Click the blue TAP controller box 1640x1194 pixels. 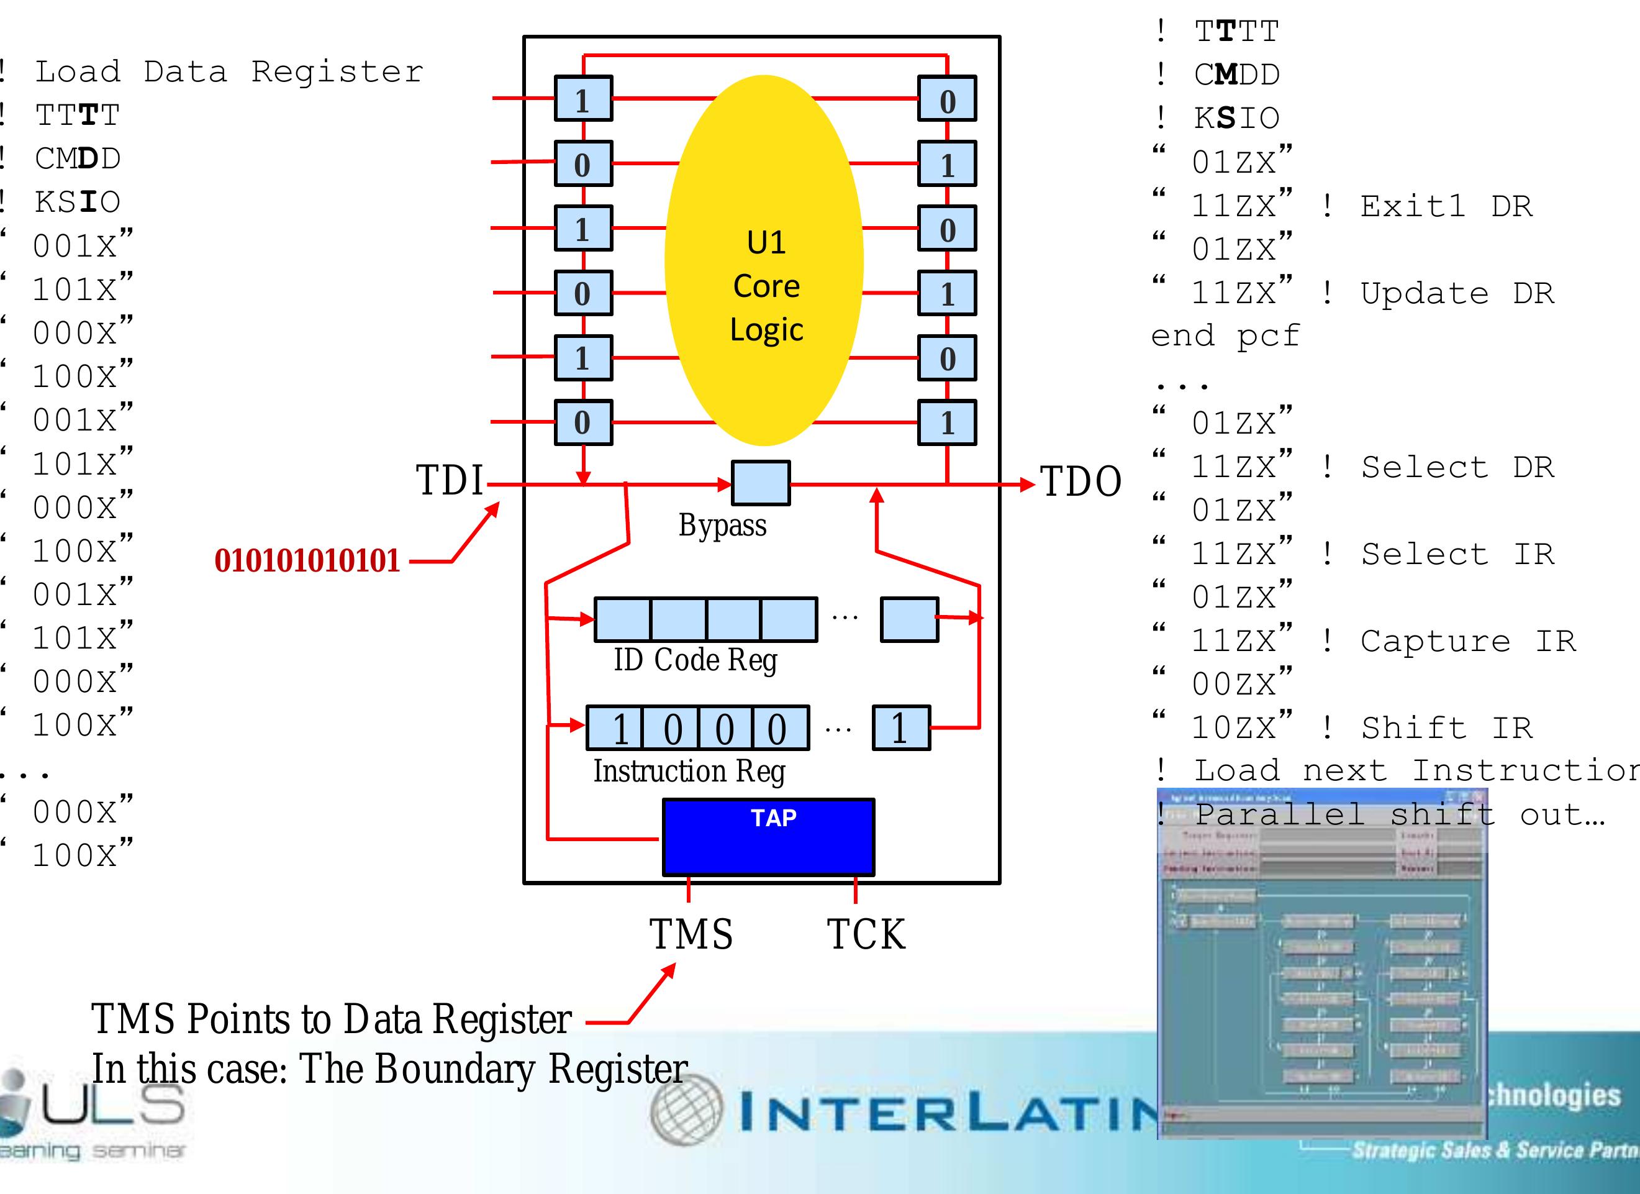pyautogui.click(x=768, y=837)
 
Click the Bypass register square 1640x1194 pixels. pyautogui.click(x=760, y=482)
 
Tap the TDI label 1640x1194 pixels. pyautogui.click(x=449, y=480)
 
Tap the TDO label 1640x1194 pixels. pyautogui.click(x=1080, y=481)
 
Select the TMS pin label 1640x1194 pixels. pyautogui.click(x=691, y=934)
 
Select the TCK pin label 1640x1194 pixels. pyautogui.click(x=866, y=934)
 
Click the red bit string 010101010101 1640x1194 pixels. pyautogui.click(x=307, y=560)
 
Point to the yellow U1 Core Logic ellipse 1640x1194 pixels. pyautogui.click(x=764, y=260)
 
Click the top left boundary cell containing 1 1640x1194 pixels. pyautogui.click(x=583, y=98)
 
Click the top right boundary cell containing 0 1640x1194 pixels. pyautogui.click(x=946, y=98)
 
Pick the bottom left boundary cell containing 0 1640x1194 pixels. pyautogui.click(x=583, y=422)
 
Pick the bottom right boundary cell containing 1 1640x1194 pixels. pyautogui.click(x=946, y=422)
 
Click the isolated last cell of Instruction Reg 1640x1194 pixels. pyautogui.click(x=900, y=727)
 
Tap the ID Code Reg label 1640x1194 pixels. pyautogui.click(x=695, y=660)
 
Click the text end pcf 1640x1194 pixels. pyautogui.click(x=1225, y=335)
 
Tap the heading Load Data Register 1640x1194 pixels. pyautogui.click(x=229, y=71)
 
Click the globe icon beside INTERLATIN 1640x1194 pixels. pyautogui.click(x=686, y=1110)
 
